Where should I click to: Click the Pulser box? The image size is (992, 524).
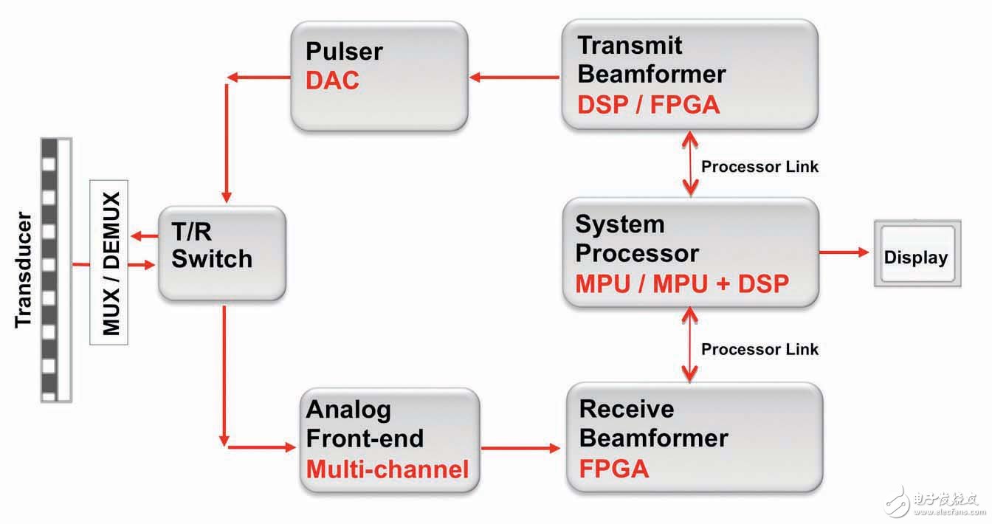(379, 75)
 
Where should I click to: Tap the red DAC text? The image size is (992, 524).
(332, 80)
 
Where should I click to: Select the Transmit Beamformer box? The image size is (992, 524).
(689, 74)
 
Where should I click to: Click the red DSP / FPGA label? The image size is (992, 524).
(648, 105)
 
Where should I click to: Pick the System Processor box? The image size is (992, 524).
(690, 252)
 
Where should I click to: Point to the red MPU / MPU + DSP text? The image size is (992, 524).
(682, 283)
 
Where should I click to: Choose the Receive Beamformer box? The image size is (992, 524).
(693, 437)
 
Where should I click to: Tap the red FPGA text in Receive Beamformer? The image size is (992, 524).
(614, 468)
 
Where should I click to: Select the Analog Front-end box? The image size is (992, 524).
(389, 441)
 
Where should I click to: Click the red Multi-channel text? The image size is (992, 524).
(387, 469)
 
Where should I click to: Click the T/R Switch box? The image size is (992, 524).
(221, 252)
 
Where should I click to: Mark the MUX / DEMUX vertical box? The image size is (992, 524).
(109, 261)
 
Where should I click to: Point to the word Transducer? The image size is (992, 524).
(23, 269)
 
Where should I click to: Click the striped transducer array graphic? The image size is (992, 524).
(56, 269)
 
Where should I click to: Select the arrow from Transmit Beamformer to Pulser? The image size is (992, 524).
(514, 76)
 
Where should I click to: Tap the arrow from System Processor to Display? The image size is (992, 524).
(844, 252)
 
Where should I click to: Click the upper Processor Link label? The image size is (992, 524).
(759, 167)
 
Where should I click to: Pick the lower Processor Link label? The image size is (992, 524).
(759, 349)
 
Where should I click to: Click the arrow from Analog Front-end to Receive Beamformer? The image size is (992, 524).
(520, 447)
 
